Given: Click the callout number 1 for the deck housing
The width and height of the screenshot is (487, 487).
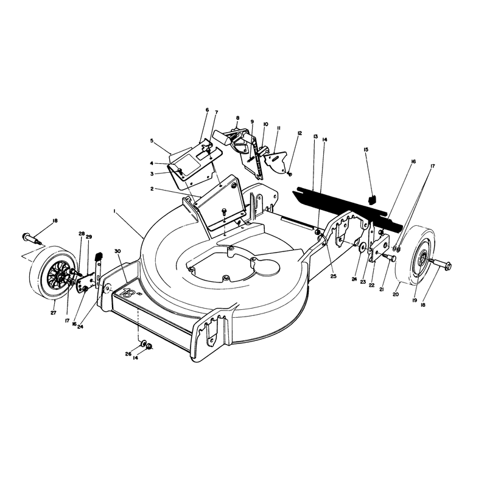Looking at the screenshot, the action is click(114, 211).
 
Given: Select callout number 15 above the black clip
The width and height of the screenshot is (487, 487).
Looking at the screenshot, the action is click(366, 150).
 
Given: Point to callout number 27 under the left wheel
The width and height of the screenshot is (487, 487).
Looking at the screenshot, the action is click(54, 313).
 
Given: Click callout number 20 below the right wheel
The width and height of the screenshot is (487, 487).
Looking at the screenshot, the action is click(395, 295).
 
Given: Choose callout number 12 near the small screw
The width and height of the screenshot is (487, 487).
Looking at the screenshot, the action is click(300, 133).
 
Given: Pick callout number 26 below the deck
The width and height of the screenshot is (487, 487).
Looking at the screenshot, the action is click(128, 354).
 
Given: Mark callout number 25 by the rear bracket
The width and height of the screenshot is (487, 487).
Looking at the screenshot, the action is click(333, 276).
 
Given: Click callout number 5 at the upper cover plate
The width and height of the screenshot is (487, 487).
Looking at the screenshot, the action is click(152, 141).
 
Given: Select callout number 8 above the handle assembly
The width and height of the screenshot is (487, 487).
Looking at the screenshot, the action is click(238, 118).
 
